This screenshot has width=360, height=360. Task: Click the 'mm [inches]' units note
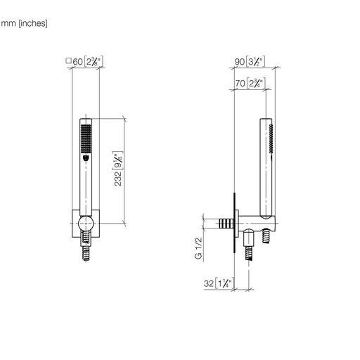[x=24, y=23]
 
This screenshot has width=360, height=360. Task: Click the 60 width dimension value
[x=77, y=62]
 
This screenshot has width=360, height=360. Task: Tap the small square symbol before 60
[x=68, y=60]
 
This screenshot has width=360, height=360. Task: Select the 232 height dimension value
[x=118, y=179]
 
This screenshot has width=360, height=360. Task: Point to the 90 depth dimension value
[x=240, y=62]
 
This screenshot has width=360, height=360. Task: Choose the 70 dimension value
[x=240, y=83]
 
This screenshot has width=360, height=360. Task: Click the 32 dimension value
[x=209, y=283]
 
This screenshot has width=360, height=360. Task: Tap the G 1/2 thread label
[x=198, y=248]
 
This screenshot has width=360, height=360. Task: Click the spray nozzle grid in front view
[x=86, y=139]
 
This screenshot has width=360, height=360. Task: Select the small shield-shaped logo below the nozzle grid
[x=86, y=158]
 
